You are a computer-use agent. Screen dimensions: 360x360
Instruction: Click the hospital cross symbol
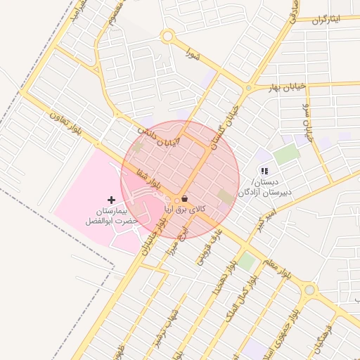[x=111, y=200]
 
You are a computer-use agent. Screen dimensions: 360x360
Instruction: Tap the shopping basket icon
[x=184, y=199]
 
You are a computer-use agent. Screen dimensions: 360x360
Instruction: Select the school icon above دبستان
[x=264, y=170]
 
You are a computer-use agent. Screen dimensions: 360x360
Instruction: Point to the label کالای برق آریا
[x=185, y=210]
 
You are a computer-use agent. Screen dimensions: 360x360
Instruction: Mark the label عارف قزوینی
[x=210, y=247]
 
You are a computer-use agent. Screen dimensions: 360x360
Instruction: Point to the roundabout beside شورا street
[x=167, y=36]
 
